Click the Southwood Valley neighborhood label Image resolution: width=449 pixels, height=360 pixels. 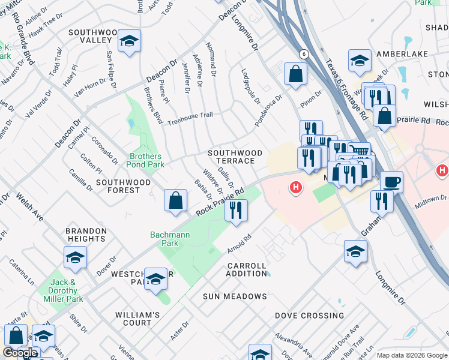91,36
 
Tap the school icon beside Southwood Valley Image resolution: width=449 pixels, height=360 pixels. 129,41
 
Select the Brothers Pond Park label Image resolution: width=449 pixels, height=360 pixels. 146,160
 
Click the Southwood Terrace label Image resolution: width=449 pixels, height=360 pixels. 235,157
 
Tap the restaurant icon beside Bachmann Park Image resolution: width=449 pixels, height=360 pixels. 236,210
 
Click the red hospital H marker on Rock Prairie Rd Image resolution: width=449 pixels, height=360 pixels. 295,188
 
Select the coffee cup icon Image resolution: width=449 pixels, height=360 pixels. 391,181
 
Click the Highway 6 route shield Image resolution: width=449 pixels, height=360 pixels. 304,54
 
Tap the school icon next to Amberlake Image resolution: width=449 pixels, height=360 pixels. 359,60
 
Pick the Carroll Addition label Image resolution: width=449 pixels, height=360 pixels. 246,269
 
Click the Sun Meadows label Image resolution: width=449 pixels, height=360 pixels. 234,296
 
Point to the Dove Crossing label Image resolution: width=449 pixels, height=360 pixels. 309,316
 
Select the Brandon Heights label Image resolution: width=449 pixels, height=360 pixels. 86,235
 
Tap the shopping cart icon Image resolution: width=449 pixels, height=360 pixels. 359,152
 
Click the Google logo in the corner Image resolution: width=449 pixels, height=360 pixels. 20,353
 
